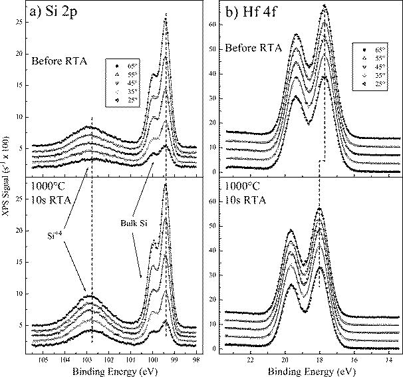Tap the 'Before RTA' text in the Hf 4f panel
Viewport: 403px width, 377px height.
[253, 49]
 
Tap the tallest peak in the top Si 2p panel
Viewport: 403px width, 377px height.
[165, 20]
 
